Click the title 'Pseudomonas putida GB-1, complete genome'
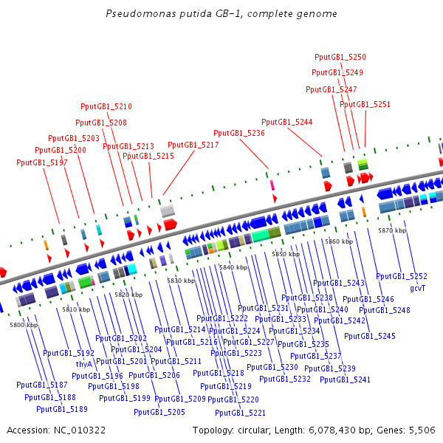[x=221, y=13]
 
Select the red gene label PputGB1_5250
[x=340, y=57]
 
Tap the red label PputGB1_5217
[x=193, y=145]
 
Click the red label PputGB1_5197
[x=42, y=162]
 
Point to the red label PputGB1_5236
[x=239, y=133]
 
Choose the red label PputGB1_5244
[x=286, y=122]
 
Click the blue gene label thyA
[x=84, y=364]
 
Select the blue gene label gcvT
[x=418, y=288]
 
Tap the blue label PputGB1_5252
[x=402, y=276]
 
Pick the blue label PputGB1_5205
[x=159, y=412]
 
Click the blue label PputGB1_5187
[x=42, y=385]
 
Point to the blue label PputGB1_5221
[x=240, y=413]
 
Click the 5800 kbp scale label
[x=24, y=325]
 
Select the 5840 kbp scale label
[x=233, y=267]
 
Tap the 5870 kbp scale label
[x=392, y=230]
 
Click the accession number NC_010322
[x=80, y=430]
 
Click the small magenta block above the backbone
[x=272, y=185]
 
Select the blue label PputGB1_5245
[x=370, y=336]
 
